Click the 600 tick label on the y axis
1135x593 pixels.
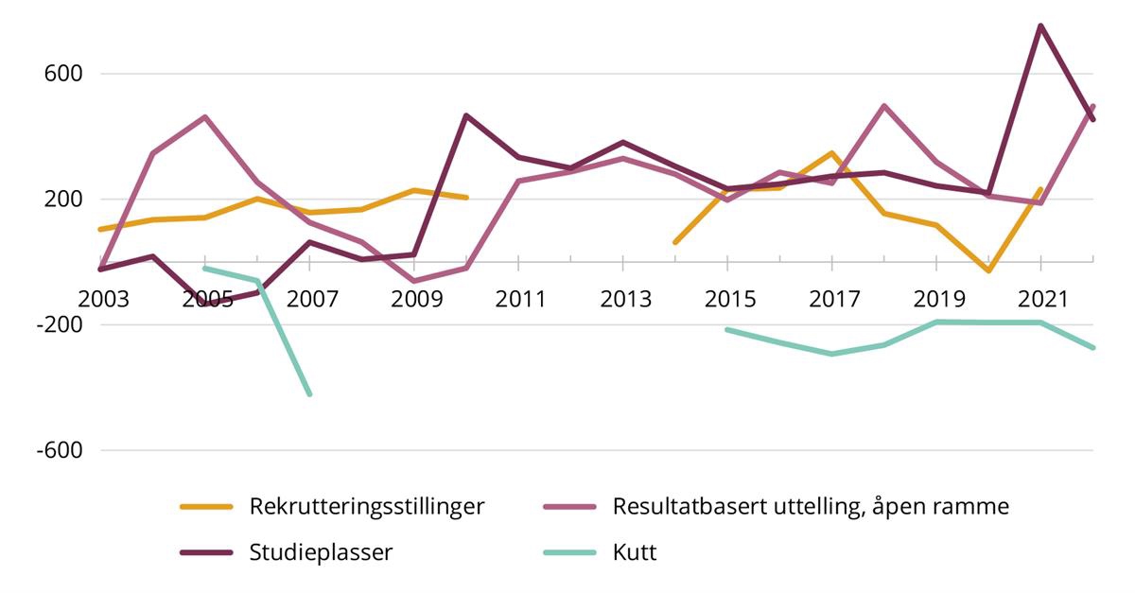63,74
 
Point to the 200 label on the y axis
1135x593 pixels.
63,200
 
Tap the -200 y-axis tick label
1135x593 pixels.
60,325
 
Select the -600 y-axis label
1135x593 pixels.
60,451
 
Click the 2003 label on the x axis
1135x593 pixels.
102,299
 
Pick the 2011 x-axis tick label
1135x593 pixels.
520,299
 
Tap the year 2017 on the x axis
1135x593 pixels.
833,299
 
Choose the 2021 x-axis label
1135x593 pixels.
1041,299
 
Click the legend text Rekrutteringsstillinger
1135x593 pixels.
367,506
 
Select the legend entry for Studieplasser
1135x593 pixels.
321,552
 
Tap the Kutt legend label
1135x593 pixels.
635,552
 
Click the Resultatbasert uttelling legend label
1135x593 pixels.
811,506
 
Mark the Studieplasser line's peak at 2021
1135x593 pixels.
1040,26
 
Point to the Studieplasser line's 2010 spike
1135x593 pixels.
466,115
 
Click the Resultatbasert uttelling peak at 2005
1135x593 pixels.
205,117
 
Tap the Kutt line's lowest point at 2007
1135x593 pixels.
309,393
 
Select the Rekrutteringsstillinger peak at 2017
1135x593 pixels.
832,153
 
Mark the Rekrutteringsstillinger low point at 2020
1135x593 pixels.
988,270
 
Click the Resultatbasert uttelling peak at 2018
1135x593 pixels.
883,106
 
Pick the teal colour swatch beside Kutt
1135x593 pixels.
569,552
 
